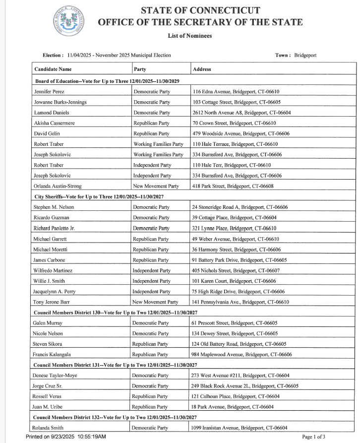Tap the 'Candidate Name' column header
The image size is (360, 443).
pyautogui.click(x=53, y=69)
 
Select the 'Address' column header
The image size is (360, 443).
pyautogui.click(x=202, y=69)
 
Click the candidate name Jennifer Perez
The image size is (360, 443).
pyautogui.click(x=49, y=92)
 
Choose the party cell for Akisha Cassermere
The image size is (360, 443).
pyautogui.click(x=151, y=123)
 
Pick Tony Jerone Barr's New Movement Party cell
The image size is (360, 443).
pyautogui.click(x=155, y=302)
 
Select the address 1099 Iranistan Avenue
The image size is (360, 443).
pyautogui.click(x=239, y=428)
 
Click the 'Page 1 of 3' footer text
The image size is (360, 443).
pyautogui.click(x=314, y=437)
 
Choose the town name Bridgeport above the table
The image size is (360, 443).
pyautogui.click(x=305, y=55)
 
